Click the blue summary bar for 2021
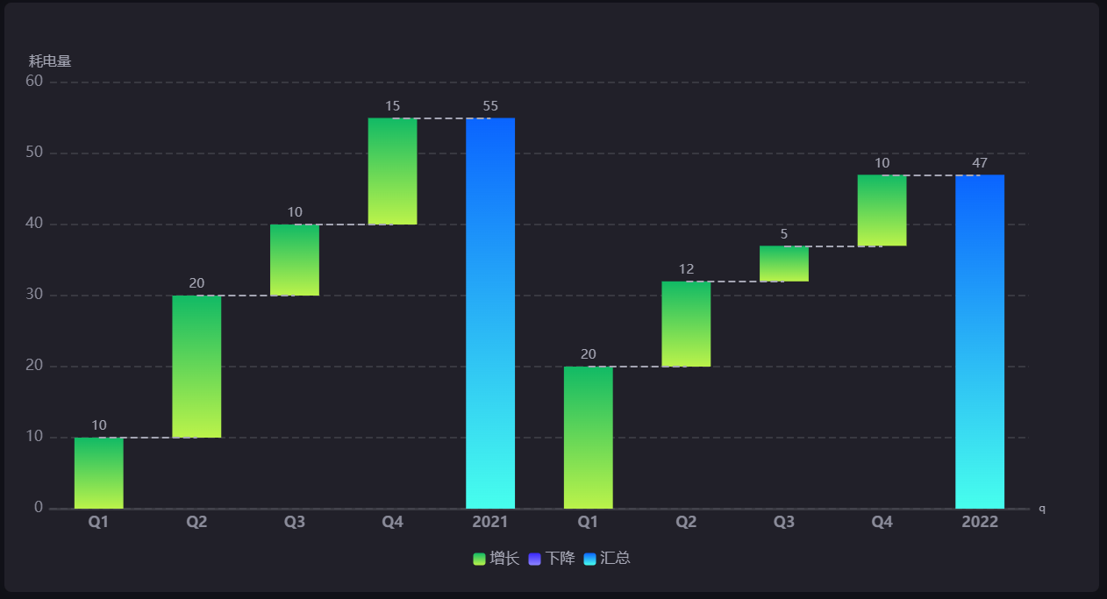click(x=490, y=313)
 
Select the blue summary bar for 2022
click(x=980, y=341)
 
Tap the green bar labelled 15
click(x=392, y=171)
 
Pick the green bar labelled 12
click(x=686, y=324)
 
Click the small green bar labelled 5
click(x=784, y=263)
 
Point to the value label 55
click(x=490, y=106)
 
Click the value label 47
click(x=980, y=163)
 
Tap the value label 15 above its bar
click(x=392, y=106)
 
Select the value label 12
click(x=686, y=269)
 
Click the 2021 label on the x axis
click(x=490, y=523)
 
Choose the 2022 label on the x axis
click(x=980, y=523)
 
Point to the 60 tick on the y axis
click(x=34, y=82)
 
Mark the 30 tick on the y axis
click(x=34, y=295)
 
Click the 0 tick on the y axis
click(x=39, y=508)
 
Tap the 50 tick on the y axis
click(x=34, y=153)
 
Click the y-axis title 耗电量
click(x=50, y=61)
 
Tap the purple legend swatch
click(x=534, y=560)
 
